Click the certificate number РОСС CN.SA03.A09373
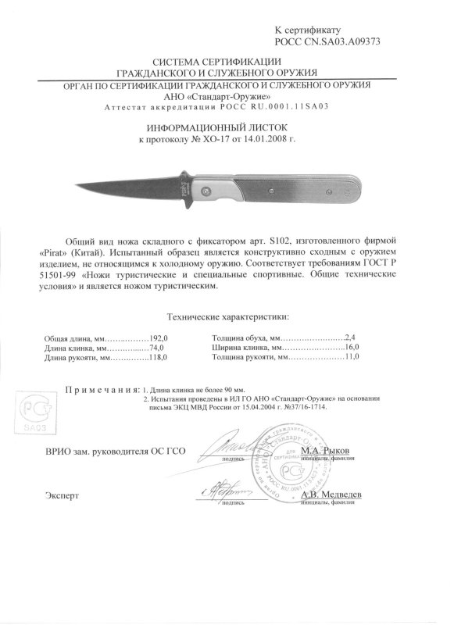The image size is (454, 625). click(327, 41)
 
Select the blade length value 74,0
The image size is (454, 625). click(159, 348)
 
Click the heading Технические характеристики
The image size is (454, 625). click(227, 318)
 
